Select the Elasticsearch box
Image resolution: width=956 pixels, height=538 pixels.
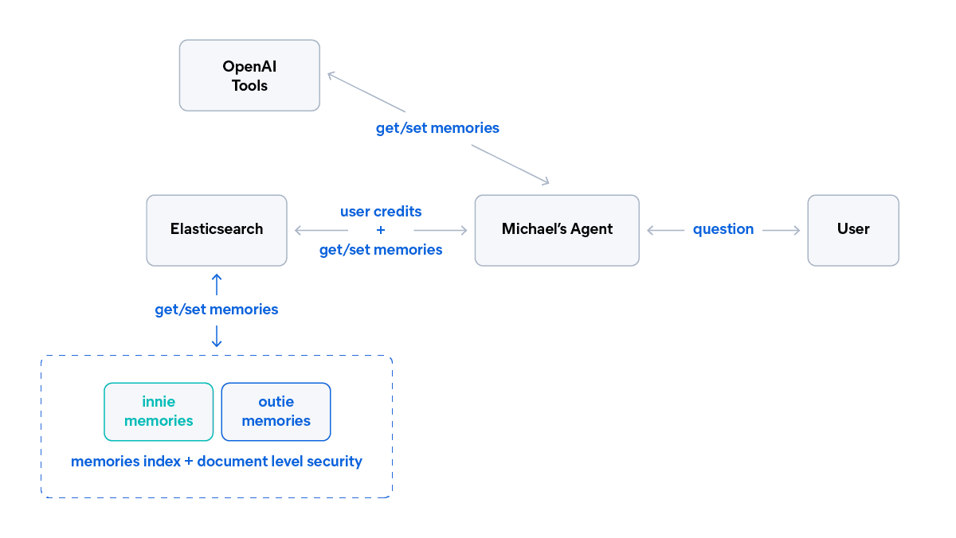[x=217, y=230]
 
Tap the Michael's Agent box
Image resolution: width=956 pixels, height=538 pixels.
[x=557, y=230]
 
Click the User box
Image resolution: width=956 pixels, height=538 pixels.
[x=853, y=230]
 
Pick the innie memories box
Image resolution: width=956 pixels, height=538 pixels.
[x=159, y=411]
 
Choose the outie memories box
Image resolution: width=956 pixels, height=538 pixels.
[x=276, y=411]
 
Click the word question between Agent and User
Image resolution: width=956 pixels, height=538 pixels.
[x=723, y=229]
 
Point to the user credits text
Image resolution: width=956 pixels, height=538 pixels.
[x=381, y=212]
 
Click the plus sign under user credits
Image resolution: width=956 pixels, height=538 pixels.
[x=381, y=230]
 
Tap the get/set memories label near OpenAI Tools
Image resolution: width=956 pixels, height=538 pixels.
[x=437, y=127]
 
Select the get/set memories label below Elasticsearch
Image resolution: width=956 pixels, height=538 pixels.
[x=217, y=310]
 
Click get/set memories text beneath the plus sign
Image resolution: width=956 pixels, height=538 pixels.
[x=381, y=250]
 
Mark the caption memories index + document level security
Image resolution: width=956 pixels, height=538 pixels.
[x=217, y=462]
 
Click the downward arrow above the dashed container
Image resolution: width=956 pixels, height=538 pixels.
[x=217, y=341]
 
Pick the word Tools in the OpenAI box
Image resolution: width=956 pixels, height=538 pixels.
[x=249, y=86]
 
